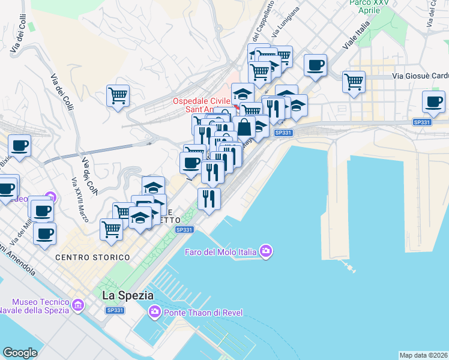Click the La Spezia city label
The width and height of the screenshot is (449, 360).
click(x=128, y=296)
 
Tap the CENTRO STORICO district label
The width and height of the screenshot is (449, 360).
click(x=92, y=257)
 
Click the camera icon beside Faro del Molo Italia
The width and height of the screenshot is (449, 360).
click(x=265, y=251)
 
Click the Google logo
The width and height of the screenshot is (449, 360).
click(x=20, y=353)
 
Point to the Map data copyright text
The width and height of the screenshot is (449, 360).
click(x=423, y=355)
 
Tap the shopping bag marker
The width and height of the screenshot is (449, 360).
click(x=244, y=127)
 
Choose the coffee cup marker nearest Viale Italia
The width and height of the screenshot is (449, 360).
click(x=315, y=65)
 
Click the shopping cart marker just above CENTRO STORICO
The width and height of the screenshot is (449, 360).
click(x=111, y=229)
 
